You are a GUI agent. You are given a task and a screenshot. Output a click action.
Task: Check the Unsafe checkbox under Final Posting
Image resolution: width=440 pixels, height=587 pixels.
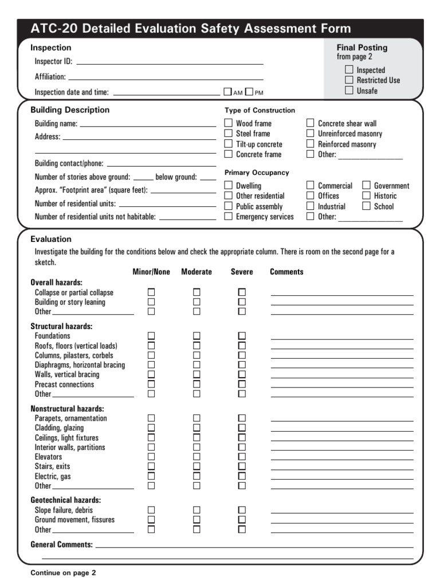[349, 91]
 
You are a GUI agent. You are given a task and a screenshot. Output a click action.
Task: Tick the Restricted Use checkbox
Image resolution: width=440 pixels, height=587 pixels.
[349, 80]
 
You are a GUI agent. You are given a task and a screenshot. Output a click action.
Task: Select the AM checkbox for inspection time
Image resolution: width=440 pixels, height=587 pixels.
[227, 92]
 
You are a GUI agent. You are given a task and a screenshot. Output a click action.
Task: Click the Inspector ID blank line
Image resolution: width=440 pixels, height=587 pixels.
[170, 62]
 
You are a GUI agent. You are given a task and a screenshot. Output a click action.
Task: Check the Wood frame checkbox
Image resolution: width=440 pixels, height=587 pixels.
[229, 123]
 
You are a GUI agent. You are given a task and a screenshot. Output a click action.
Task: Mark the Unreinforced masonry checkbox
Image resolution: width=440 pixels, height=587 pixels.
[311, 134]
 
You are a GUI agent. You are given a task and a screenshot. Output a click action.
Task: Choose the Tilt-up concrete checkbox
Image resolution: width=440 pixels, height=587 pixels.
[229, 144]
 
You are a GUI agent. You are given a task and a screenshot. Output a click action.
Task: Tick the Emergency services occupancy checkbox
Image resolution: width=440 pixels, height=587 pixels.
[229, 217]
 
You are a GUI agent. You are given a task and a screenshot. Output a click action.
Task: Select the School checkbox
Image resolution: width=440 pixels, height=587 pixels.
[367, 206]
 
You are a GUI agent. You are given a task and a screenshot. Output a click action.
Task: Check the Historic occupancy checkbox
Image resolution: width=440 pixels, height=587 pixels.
[367, 196]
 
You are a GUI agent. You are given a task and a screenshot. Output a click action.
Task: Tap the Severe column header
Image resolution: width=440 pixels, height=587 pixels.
[242, 272]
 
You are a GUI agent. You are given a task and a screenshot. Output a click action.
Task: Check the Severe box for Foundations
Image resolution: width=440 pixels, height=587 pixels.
[242, 336]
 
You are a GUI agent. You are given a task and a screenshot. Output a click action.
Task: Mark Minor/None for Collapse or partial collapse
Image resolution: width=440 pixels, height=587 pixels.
[151, 292]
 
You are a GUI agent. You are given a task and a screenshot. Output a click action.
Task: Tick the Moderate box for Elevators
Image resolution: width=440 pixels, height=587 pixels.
[197, 457]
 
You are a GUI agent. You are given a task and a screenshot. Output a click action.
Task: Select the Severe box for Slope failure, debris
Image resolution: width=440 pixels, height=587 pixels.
[242, 510]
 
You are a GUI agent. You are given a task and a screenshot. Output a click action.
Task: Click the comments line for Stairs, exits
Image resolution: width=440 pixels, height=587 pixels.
[341, 468]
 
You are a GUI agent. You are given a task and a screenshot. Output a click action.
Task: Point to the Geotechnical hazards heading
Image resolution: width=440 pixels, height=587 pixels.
[65, 500]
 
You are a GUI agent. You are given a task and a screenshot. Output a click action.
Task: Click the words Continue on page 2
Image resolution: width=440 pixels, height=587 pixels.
[63, 573]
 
